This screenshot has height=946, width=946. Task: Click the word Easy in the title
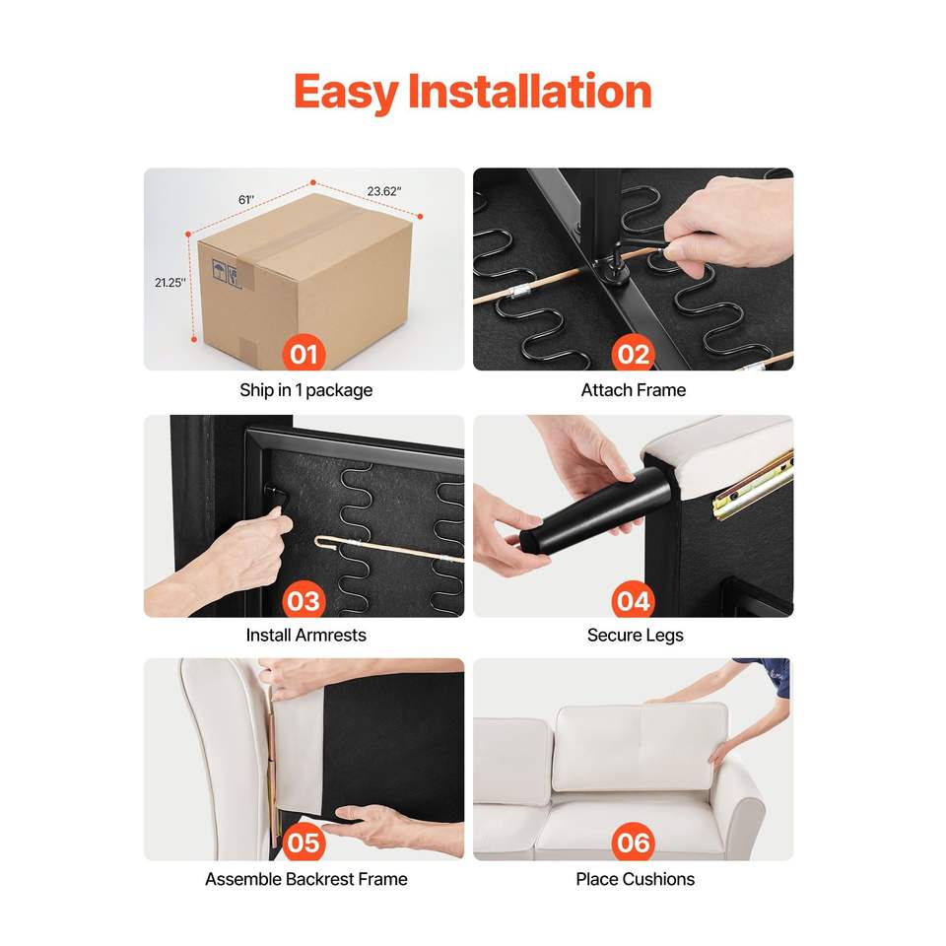tap(346, 93)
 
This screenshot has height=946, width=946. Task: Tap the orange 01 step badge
tap(304, 353)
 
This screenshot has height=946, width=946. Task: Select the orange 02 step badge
tap(633, 353)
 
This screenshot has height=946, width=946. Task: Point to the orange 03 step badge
tap(304, 600)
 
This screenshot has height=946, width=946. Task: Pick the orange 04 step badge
tap(633, 600)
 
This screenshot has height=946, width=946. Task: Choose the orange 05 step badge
tap(304, 843)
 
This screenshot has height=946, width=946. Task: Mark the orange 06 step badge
tap(633, 843)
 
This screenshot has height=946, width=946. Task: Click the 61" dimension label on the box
tap(246, 200)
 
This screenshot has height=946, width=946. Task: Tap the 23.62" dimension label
tap(384, 191)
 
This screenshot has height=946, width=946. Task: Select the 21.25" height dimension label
tap(170, 283)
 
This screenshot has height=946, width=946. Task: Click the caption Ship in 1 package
tap(305, 390)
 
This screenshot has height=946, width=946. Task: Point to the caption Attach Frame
tap(634, 390)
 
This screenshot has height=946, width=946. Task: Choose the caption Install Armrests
tap(305, 635)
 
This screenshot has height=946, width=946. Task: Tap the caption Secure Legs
tap(636, 636)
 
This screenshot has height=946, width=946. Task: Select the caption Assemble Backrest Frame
tap(305, 879)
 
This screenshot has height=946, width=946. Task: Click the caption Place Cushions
tap(636, 879)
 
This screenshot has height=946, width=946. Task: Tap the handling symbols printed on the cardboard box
tap(227, 273)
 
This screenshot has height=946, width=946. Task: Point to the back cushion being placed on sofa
tap(641, 747)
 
